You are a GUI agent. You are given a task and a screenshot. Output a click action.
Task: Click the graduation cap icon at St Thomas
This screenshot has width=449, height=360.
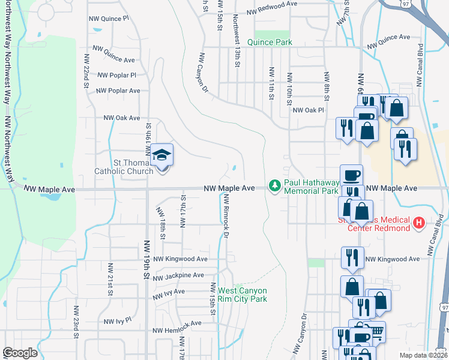click(161, 156)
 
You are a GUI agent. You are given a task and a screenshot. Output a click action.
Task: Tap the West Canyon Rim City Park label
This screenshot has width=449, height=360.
click(242, 295)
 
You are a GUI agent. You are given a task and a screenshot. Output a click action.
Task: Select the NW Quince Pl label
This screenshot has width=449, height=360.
click(109, 19)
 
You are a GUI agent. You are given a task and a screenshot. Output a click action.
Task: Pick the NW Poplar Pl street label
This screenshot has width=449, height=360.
click(116, 76)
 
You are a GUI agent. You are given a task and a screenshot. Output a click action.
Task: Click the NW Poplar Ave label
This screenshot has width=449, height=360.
click(118, 91)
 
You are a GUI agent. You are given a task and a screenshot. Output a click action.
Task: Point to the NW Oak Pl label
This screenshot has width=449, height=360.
click(308, 110)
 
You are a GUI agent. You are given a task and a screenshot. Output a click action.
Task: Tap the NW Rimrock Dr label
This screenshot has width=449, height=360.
click(227, 217)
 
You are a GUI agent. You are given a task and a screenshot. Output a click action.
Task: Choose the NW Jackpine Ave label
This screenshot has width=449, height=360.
click(180, 278)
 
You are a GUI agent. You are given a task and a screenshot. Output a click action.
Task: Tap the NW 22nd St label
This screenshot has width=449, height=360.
click(86, 71)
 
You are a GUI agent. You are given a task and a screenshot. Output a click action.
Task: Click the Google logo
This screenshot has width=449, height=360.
click(20, 353)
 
